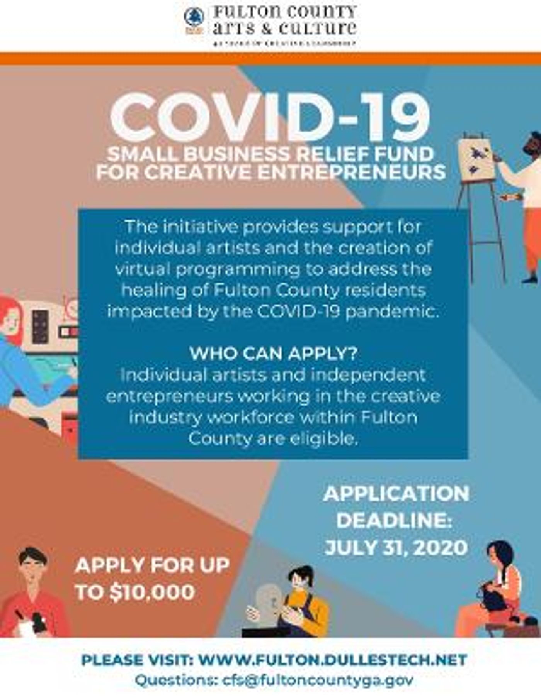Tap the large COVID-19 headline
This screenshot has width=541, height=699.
pyautogui.click(x=270, y=117)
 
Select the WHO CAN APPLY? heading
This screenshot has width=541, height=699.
pyautogui.click(x=273, y=353)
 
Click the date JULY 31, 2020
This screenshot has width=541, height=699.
pyautogui.click(x=396, y=548)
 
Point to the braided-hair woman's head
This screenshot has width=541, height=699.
pyautogui.click(x=499, y=556)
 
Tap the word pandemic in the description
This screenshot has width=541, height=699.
pyautogui.click(x=392, y=311)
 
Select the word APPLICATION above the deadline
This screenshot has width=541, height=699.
pyautogui.click(x=396, y=494)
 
